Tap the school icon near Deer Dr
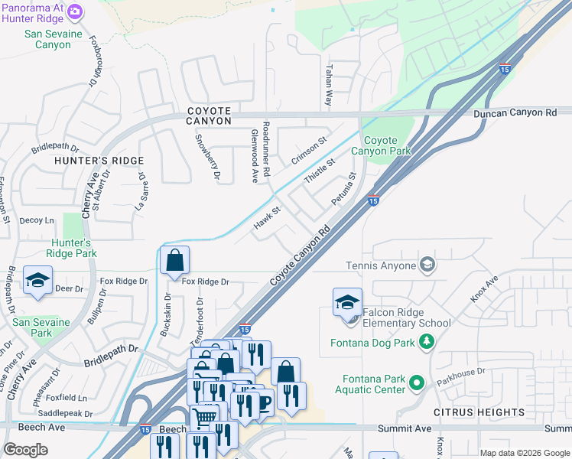tap(37, 281)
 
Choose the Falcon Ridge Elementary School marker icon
tap(347, 301)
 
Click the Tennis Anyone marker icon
tap(427, 265)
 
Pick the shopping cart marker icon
tap(204, 418)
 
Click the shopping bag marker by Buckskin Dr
tap(175, 259)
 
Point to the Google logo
tap(25, 450)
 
